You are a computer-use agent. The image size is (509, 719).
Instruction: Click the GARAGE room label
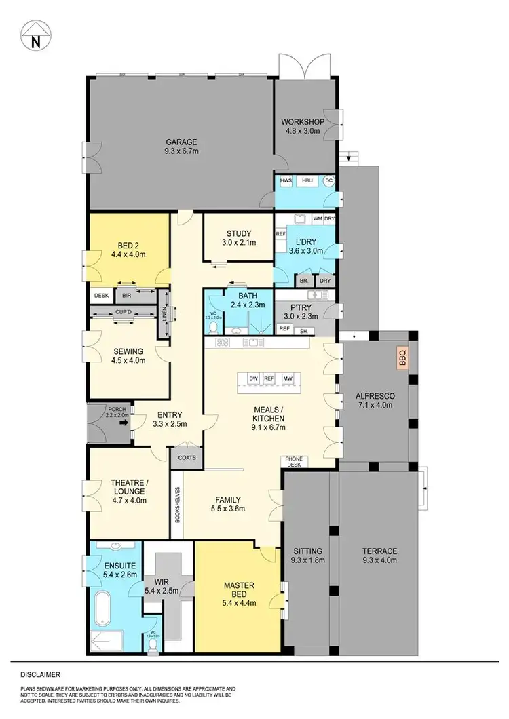(181, 142)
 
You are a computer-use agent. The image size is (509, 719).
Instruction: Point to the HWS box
(286, 181)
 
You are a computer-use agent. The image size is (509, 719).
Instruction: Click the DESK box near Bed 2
(102, 296)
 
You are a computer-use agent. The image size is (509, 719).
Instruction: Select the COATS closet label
(187, 457)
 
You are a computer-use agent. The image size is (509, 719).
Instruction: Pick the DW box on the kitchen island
(253, 378)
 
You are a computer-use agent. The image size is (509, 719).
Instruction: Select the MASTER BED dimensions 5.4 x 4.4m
(238, 596)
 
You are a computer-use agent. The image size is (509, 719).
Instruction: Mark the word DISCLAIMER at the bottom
(40, 675)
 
